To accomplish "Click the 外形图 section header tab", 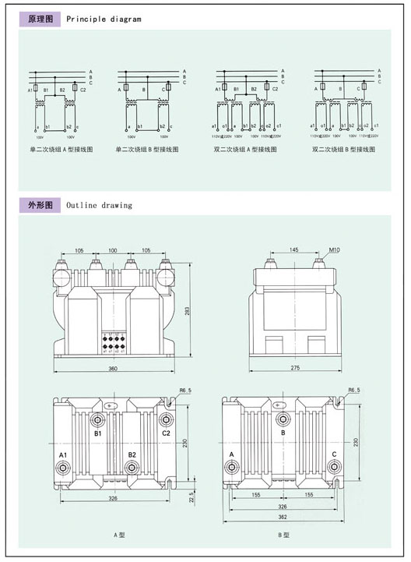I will point(39,206).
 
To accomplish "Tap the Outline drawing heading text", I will point(100,206).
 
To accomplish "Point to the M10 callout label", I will point(335,250).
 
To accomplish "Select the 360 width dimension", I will point(114,368).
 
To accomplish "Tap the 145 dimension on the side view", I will point(293,250).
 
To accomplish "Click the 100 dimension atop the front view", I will point(114,250).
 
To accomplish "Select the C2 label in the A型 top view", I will point(167,432).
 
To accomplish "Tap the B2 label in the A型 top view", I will point(132,454).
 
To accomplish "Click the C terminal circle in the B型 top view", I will point(336,467).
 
